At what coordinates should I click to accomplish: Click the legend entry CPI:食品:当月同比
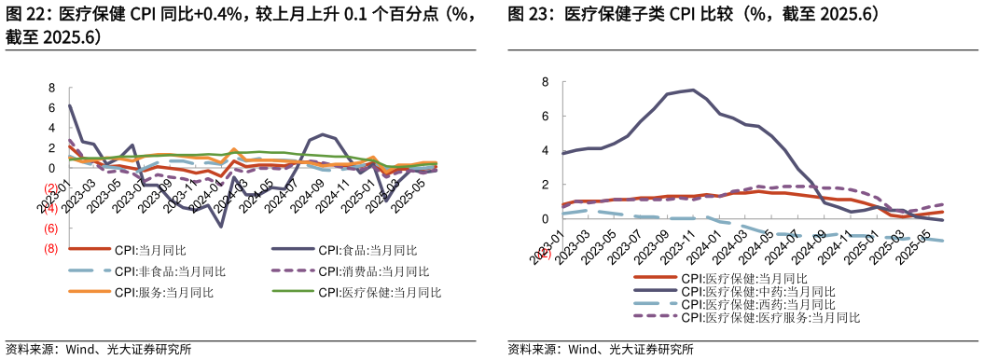pos(367,250)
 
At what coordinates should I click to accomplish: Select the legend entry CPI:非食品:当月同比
pos(170,271)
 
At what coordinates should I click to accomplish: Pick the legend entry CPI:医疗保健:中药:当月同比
pos(757,291)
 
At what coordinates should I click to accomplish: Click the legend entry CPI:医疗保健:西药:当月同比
pos(757,304)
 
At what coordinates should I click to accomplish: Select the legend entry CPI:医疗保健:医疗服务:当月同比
pos(769,317)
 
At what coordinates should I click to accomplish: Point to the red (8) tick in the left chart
pos(51,249)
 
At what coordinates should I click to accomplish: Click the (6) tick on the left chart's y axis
pos(51,228)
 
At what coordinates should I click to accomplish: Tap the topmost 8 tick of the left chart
pos(52,88)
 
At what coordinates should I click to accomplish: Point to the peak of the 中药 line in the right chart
pos(691,90)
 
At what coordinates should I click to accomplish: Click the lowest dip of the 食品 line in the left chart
pos(221,227)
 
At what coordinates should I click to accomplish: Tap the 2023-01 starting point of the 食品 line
pos(70,105)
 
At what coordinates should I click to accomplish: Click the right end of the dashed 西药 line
pos(943,241)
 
